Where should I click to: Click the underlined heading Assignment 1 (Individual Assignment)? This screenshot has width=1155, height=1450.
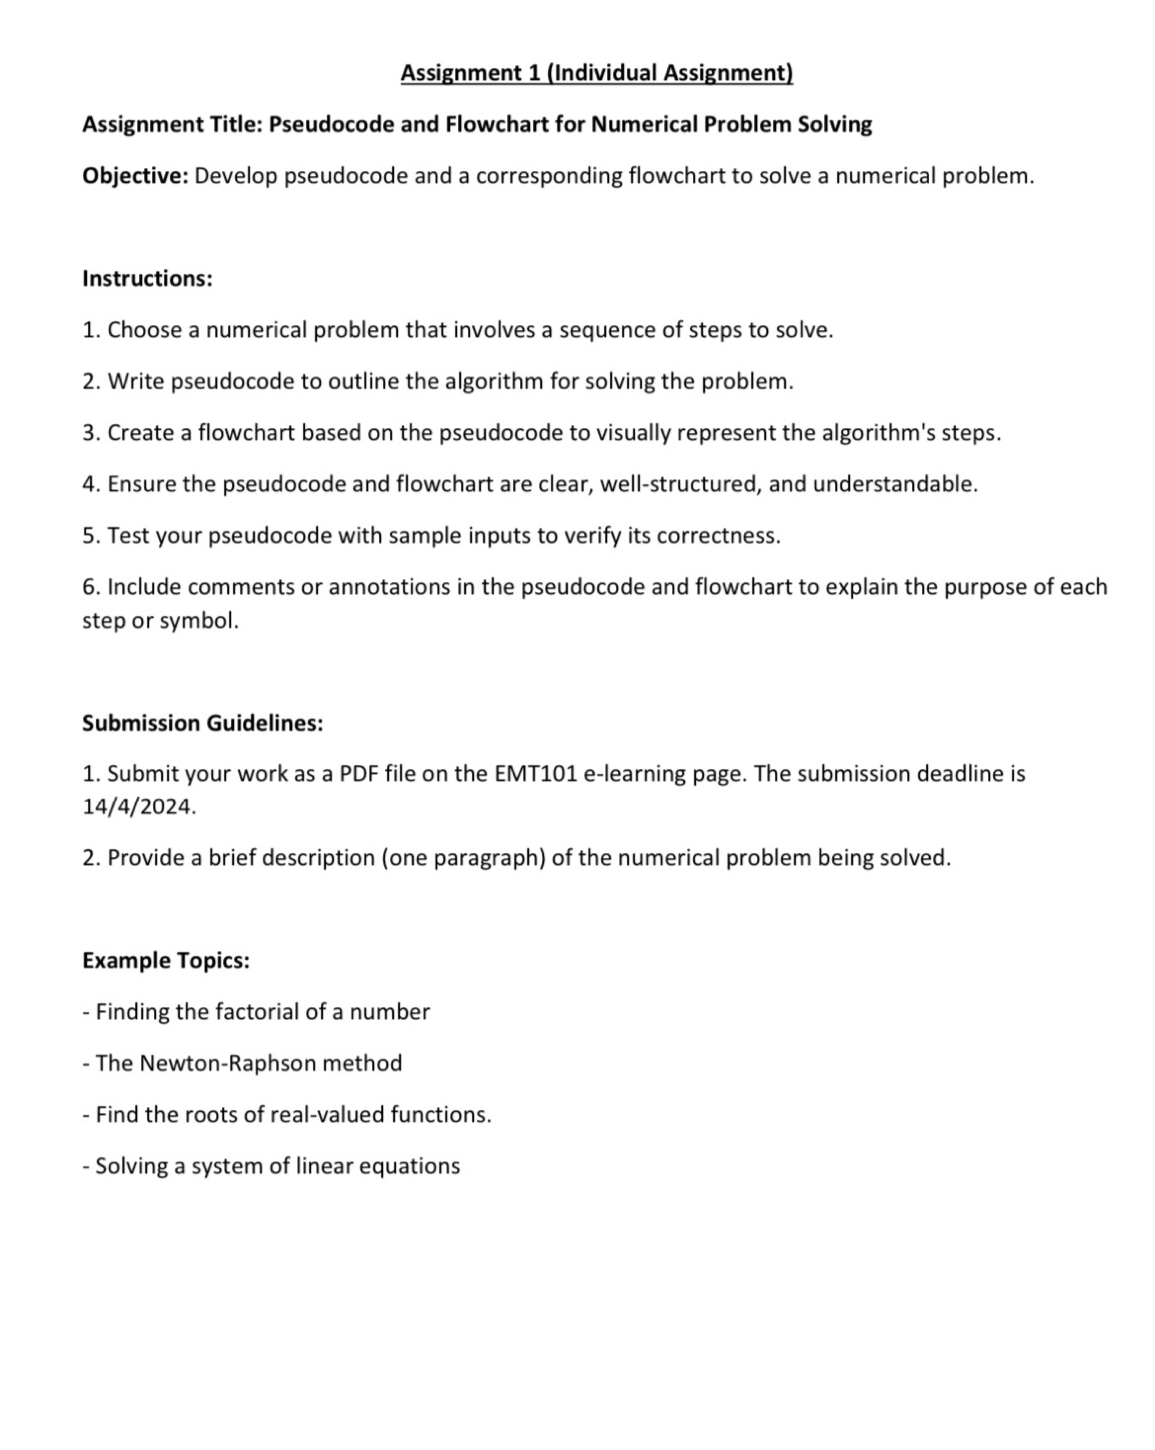point(596,72)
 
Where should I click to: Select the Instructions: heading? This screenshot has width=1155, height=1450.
point(147,278)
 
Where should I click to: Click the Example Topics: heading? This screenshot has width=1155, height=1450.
point(165,960)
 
